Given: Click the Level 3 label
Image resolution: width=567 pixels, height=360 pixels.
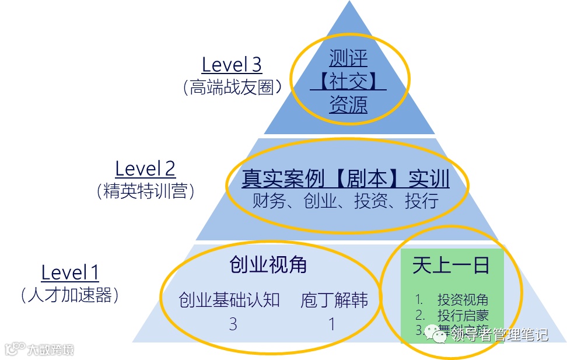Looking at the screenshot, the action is [232, 64].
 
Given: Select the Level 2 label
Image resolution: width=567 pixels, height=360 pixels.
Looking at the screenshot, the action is [145, 169].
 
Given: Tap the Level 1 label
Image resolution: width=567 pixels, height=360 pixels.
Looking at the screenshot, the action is [70, 272].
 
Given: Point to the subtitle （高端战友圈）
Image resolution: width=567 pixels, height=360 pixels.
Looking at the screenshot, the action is [232, 88].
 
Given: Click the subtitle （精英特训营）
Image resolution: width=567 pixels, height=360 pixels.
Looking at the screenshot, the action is [145, 191].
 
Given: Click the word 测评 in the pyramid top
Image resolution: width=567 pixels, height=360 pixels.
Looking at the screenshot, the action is [348, 58].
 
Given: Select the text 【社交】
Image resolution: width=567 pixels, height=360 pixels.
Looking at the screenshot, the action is [348, 82].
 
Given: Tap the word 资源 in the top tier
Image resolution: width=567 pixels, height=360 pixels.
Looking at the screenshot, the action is [348, 105].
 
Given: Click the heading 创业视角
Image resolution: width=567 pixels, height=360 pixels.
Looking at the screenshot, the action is [268, 265].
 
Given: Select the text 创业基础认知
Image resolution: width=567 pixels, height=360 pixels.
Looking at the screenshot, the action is [229, 300].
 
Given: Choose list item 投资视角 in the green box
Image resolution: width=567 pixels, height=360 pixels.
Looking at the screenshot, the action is [463, 300].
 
